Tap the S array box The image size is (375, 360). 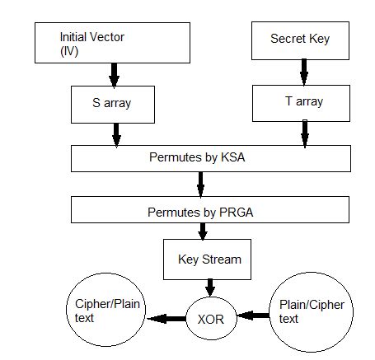(115, 104)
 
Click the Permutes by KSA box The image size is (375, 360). (201, 157)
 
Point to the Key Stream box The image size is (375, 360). (210, 259)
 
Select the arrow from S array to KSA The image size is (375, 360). (116, 132)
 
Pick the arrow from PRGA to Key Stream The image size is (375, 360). (204, 231)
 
